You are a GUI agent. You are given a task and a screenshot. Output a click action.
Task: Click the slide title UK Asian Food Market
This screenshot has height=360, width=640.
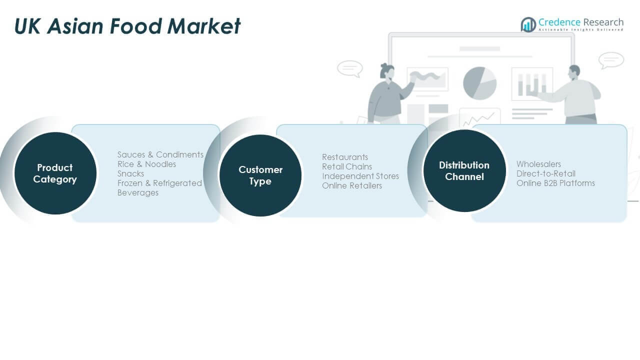pos(127,26)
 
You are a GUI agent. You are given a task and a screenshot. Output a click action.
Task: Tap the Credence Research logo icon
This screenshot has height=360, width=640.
pos(528,24)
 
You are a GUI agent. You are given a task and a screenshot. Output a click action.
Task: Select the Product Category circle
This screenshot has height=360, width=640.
pos(55,173)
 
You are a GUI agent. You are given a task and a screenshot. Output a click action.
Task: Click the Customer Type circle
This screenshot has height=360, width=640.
pos(260,175)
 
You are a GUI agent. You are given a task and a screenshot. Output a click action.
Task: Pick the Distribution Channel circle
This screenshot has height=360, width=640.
pos(464,170)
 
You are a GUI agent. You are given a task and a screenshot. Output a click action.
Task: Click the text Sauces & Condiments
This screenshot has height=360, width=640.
pos(160,154)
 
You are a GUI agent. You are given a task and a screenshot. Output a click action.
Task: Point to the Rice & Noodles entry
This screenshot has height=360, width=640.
pos(146,164)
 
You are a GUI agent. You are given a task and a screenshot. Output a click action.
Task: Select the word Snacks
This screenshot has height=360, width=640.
pos(130,173)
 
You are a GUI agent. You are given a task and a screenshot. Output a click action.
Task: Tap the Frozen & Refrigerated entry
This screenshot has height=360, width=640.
pos(159,183)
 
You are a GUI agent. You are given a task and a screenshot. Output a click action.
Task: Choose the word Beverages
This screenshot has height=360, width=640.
pos(137,192)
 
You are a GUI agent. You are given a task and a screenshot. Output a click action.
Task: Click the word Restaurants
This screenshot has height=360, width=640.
pos(345,157)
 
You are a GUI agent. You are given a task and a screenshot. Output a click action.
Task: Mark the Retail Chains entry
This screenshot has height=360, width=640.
pos(347,166)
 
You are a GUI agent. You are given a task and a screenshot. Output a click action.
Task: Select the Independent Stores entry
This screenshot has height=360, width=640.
pos(360,176)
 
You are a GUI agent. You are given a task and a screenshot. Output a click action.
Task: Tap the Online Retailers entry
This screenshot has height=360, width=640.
pos(352,185)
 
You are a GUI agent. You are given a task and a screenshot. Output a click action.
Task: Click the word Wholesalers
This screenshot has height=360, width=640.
pos(538,164)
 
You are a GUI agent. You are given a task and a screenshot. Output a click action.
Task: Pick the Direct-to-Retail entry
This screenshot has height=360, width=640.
pos(546,173)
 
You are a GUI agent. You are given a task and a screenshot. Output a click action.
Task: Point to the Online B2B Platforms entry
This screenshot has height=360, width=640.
pos(555,183)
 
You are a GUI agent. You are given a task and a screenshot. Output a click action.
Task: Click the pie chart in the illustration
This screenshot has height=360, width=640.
pos(479,83)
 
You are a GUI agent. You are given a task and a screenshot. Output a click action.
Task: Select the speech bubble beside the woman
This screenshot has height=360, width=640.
pos(349,68)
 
